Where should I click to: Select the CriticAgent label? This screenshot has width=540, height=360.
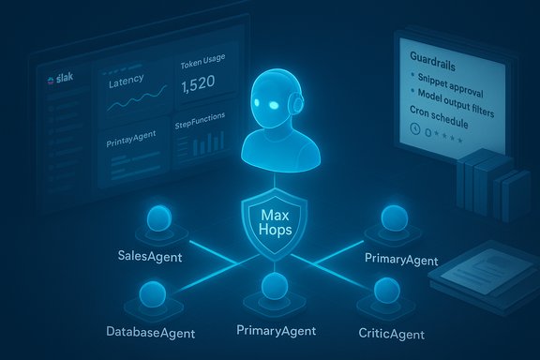coord(391,333)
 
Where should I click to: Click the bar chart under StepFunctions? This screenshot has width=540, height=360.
coord(201,145)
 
